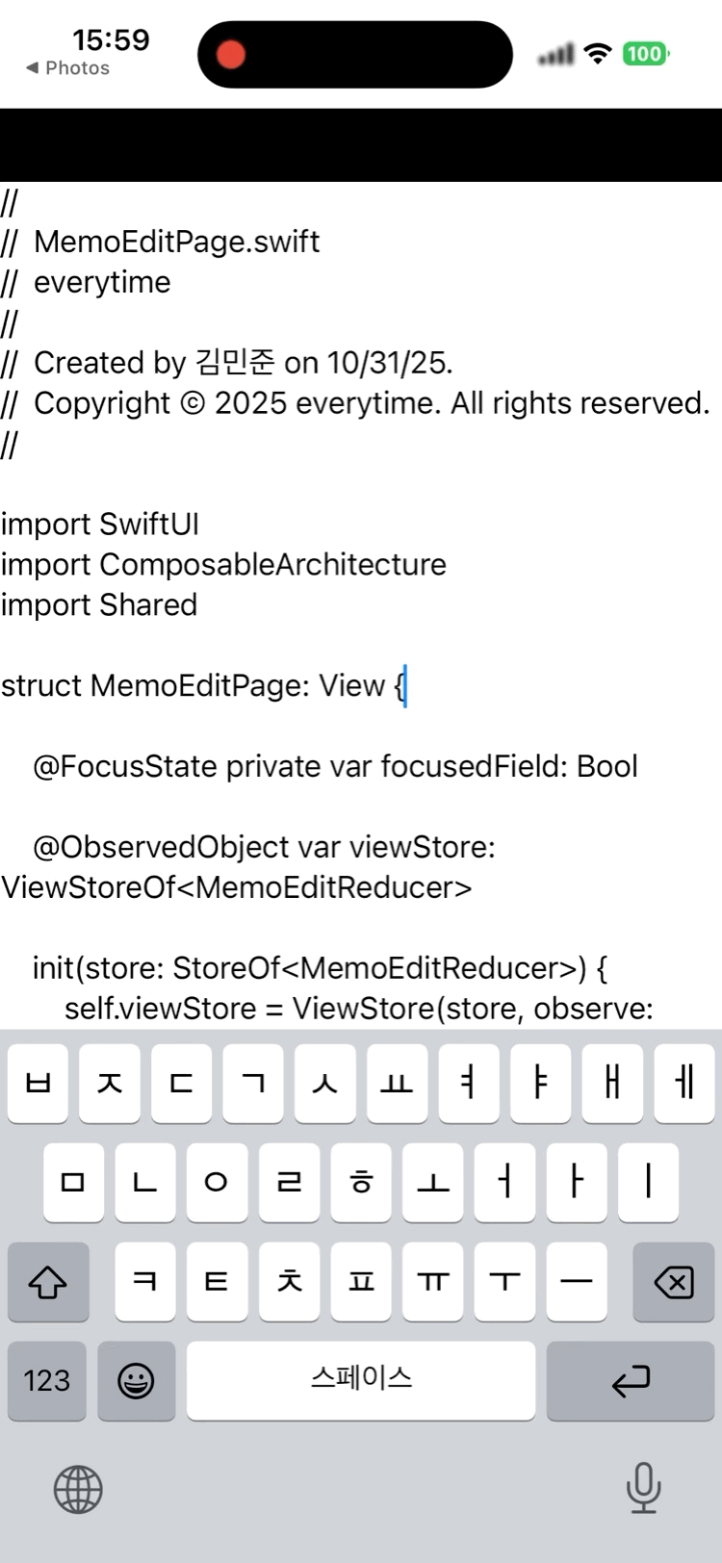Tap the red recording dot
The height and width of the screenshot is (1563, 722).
click(x=231, y=54)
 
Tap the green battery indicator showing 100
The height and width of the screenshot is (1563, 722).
click(x=644, y=54)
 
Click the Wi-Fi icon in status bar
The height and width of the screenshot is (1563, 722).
click(x=599, y=54)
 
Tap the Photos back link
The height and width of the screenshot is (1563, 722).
click(x=68, y=68)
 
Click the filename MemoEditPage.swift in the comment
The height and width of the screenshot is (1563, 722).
click(x=177, y=242)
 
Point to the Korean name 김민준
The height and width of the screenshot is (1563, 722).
click(x=235, y=363)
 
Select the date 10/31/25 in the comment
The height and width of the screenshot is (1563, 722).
click(x=388, y=363)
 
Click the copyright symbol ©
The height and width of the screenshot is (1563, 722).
click(x=193, y=403)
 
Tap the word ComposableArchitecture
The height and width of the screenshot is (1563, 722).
click(x=272, y=565)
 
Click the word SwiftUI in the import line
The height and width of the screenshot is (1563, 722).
click(x=149, y=525)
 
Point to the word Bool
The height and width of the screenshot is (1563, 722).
click(x=607, y=767)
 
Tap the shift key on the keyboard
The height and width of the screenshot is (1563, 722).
click(x=47, y=1281)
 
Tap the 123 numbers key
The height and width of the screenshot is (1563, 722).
click(x=46, y=1381)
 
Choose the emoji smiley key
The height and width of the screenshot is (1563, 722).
click(x=136, y=1381)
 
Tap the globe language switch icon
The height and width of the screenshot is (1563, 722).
click(x=78, y=1490)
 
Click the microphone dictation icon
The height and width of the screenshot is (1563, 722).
click(x=643, y=1488)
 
